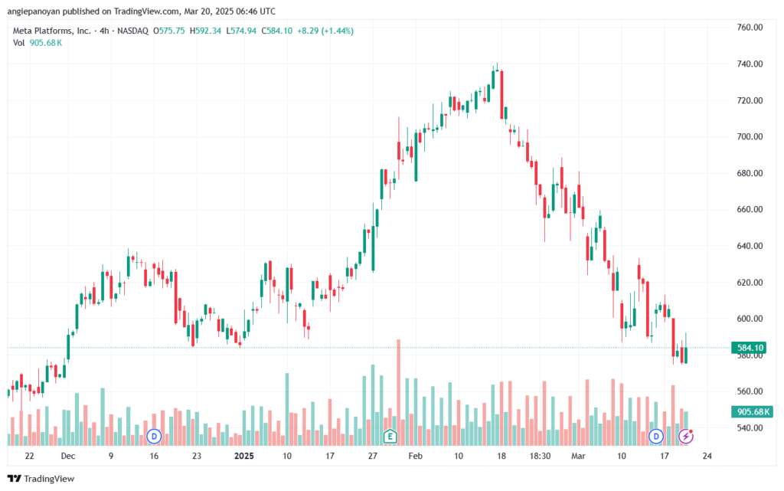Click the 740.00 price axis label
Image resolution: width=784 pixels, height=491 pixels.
pos(750,64)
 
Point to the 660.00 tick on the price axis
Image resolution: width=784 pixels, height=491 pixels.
pos(750,210)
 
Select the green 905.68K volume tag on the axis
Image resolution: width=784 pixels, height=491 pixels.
pos(752,411)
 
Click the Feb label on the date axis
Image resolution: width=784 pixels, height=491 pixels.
pos(415,456)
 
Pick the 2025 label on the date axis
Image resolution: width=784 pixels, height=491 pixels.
pos(244,456)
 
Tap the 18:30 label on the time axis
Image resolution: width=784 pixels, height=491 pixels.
pos(540,456)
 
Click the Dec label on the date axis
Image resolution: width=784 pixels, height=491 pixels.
pos(68,456)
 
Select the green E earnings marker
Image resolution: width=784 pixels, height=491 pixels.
pos(390,437)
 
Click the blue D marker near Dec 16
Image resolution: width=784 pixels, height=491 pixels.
pos(154,437)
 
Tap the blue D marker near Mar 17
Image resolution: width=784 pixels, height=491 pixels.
pos(656,437)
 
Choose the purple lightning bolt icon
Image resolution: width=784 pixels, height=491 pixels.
pos(686,437)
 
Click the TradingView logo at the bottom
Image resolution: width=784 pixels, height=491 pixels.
pos(41,479)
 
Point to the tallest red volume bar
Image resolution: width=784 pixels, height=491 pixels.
pos(398,392)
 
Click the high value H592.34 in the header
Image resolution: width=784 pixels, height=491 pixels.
pos(205,31)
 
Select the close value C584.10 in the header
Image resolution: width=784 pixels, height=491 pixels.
pos(277,31)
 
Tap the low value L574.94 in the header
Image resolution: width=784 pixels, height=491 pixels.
pos(241,31)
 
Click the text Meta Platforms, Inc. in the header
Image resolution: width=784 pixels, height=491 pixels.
pos(52,31)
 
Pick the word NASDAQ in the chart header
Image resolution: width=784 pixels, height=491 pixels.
pos(133,31)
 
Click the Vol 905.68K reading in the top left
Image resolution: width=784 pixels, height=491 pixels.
pos(38,43)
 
